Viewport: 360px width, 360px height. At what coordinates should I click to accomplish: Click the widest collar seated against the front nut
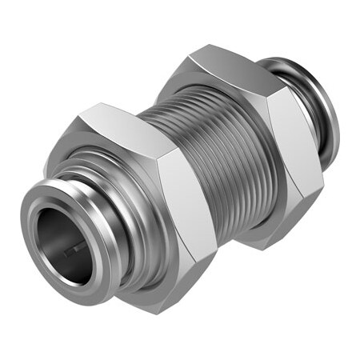click(x=120, y=240)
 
